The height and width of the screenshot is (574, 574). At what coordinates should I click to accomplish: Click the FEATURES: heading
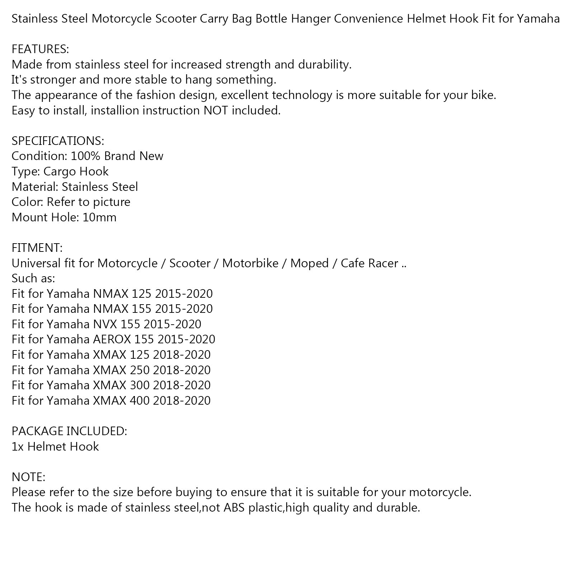(40, 49)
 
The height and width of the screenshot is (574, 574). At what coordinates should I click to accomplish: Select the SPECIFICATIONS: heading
(58, 141)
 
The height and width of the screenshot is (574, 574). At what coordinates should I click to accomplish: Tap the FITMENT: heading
(37, 248)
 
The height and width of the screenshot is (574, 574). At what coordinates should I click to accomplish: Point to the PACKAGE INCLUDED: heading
(69, 431)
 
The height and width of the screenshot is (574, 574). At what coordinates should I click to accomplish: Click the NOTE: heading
(28, 477)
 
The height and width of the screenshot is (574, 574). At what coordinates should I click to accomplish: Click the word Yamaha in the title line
(538, 18)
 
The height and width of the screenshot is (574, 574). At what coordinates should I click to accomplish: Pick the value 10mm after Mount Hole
(99, 217)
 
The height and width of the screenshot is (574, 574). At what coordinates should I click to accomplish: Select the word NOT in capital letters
(216, 110)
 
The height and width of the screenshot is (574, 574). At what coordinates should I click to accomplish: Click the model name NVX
(105, 324)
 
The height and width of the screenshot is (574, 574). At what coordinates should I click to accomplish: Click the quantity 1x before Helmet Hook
(18, 447)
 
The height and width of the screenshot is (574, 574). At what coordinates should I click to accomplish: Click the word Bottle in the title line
(271, 18)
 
